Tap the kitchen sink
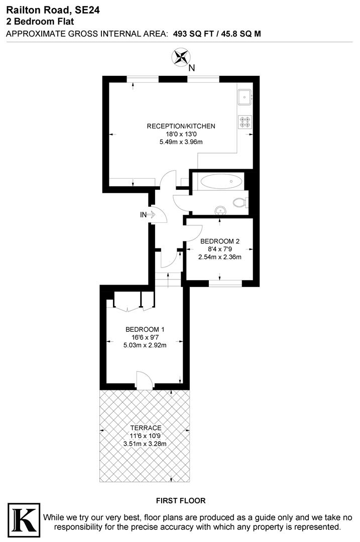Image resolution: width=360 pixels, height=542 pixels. [245, 96]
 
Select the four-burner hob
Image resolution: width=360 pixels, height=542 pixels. [245, 122]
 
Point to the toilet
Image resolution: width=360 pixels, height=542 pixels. [241, 203]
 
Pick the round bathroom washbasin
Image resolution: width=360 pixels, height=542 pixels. [219, 210]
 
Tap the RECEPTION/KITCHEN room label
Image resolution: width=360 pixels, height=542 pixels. [181, 126]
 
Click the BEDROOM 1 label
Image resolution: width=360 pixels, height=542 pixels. [145, 329]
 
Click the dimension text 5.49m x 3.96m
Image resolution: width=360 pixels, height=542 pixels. [181, 142]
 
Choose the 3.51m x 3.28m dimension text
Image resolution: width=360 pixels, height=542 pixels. [145, 444]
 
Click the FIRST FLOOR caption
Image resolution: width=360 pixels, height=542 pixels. [181, 500]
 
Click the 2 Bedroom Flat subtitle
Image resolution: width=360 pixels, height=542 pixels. [40, 21]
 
